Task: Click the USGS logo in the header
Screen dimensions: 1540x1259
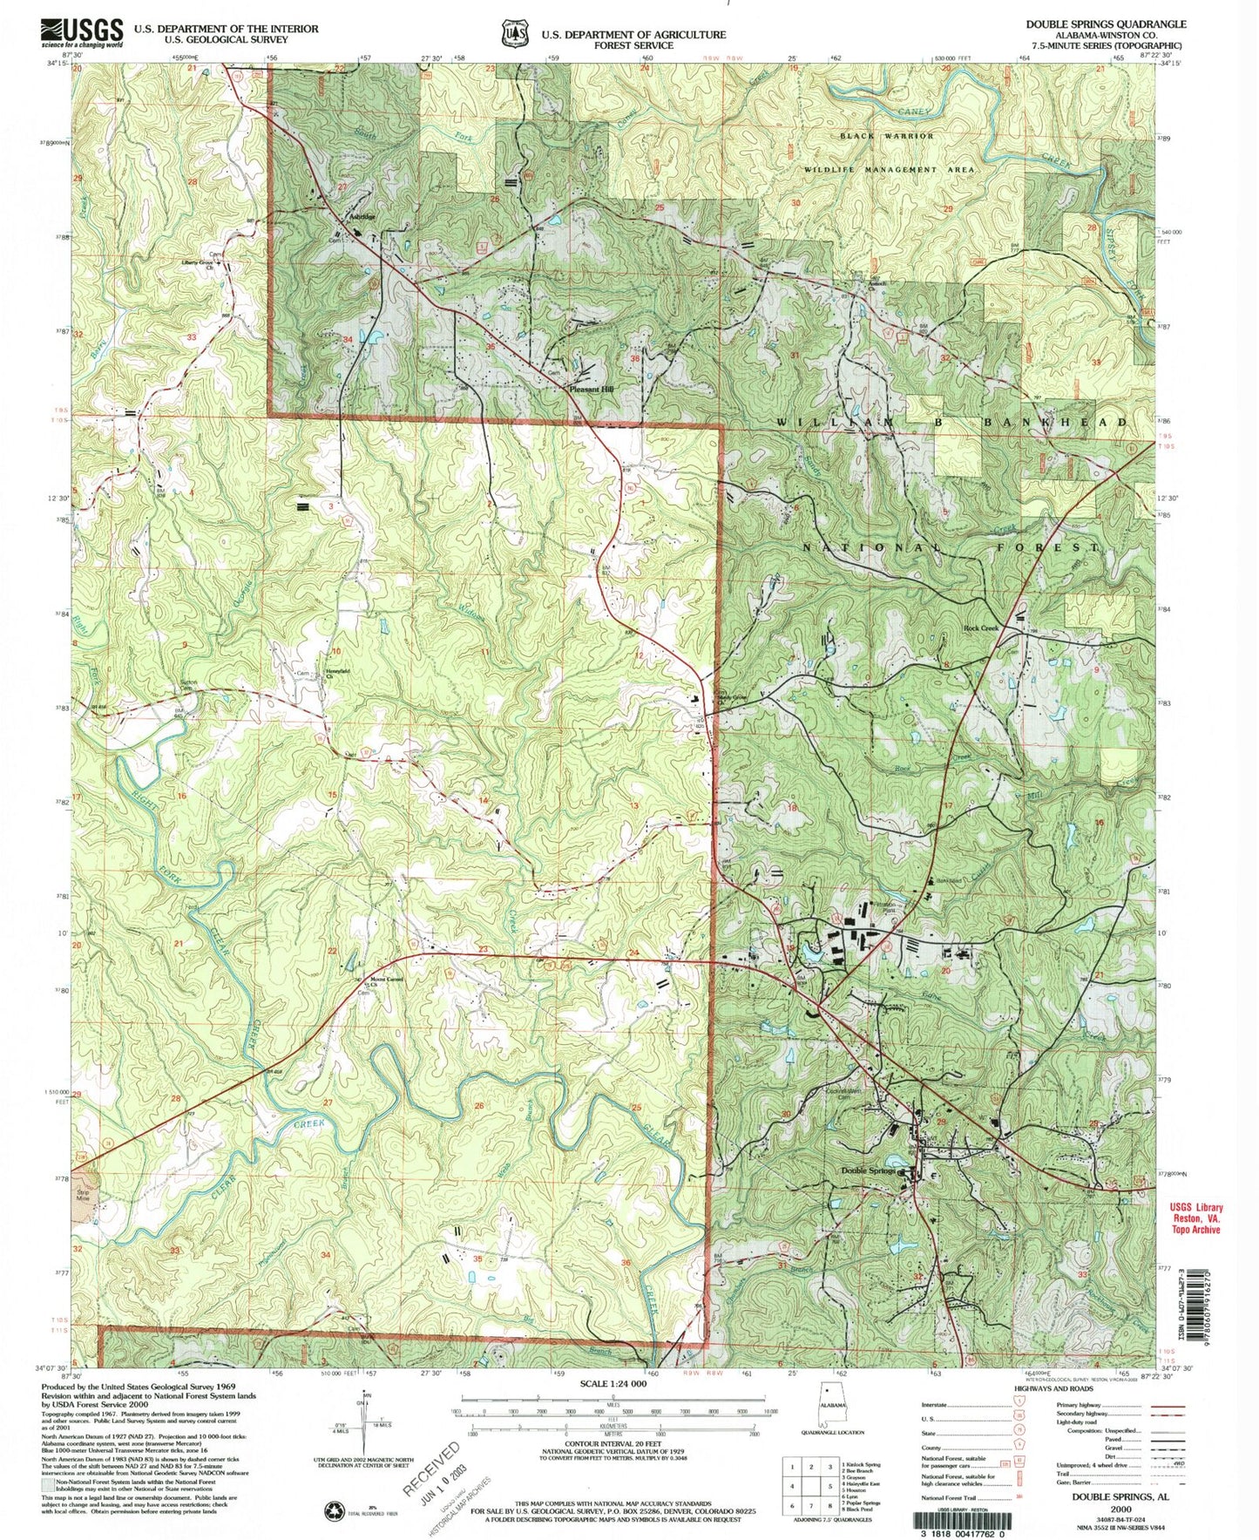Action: (81, 33)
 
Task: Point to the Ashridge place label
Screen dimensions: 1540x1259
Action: (362, 216)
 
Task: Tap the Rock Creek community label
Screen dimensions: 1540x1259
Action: (980, 628)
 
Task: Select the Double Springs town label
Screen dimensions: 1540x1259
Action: (868, 1170)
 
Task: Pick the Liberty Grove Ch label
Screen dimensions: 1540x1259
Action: (198, 264)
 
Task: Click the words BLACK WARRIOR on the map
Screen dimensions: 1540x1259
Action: (886, 136)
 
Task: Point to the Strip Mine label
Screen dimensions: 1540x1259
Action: (84, 1195)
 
